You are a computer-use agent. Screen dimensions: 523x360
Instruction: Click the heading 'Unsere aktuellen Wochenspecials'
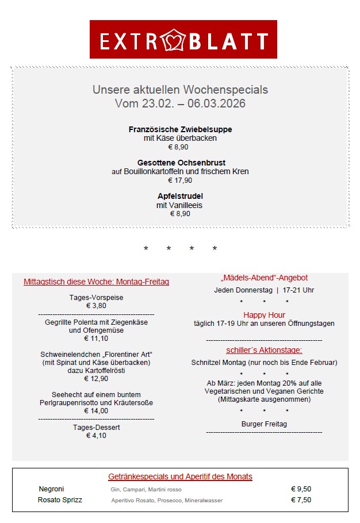[x=180, y=90]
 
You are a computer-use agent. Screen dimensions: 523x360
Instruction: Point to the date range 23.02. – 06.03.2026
[x=180, y=103]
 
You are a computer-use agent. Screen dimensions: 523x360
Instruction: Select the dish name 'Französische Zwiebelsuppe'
[x=180, y=129]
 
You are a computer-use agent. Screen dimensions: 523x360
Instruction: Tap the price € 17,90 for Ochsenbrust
[x=180, y=180]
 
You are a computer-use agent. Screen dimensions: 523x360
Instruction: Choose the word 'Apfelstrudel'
[x=180, y=196]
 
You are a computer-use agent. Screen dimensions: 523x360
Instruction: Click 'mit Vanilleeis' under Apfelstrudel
[x=179, y=205]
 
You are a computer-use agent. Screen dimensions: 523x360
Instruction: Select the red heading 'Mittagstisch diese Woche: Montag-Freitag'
[x=96, y=282]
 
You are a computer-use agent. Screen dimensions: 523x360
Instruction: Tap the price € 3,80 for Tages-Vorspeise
[x=96, y=306]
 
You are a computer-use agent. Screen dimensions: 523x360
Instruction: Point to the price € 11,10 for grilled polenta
[x=96, y=339]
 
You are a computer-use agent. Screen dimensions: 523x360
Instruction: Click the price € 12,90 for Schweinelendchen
[x=96, y=379]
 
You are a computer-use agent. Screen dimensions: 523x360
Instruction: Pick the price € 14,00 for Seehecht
[x=96, y=411]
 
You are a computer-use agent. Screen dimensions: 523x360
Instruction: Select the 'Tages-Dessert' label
[x=96, y=428]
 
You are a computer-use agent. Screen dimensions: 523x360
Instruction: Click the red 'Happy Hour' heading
[x=264, y=315]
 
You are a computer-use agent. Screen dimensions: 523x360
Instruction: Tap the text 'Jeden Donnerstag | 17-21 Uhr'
[x=264, y=290]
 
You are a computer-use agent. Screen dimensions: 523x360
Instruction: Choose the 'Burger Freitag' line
[x=264, y=424]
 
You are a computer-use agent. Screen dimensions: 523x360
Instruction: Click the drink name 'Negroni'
[x=51, y=489]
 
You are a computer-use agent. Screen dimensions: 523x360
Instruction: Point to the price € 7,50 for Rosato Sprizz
[x=301, y=500]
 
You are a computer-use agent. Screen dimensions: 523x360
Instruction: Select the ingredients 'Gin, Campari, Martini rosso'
[x=146, y=490]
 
